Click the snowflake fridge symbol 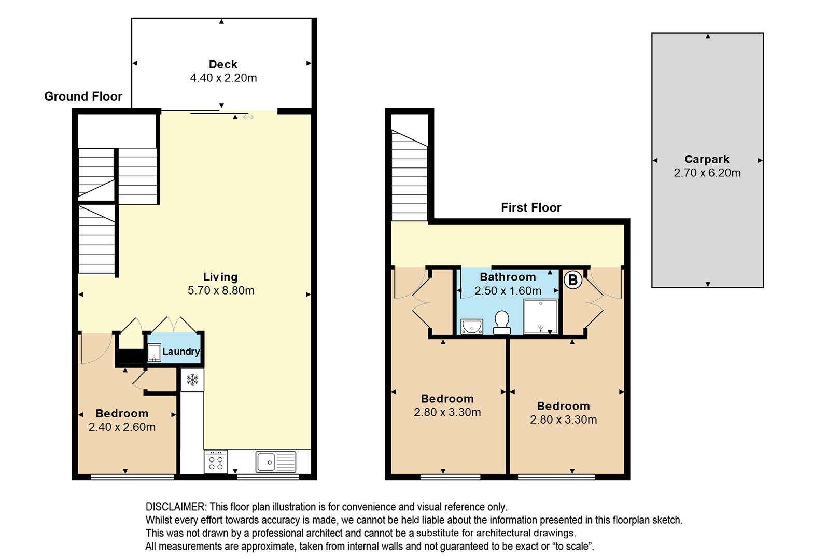[x=192, y=380]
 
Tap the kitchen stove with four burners [x=216, y=461]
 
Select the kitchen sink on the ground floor [x=276, y=461]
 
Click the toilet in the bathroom [x=502, y=323]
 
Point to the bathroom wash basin [x=472, y=326]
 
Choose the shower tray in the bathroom [x=540, y=316]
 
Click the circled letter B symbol [x=572, y=280]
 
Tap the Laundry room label [x=181, y=352]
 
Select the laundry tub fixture [x=154, y=353]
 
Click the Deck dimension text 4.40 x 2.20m [x=223, y=78]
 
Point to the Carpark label [x=707, y=159]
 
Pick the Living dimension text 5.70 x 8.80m [x=221, y=290]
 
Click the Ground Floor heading [x=83, y=96]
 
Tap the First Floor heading [x=531, y=207]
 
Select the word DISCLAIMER [x=175, y=507]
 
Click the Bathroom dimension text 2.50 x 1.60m [x=508, y=291]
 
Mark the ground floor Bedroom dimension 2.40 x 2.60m [x=122, y=427]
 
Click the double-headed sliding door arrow [x=248, y=117]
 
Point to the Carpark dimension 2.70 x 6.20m [x=707, y=173]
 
